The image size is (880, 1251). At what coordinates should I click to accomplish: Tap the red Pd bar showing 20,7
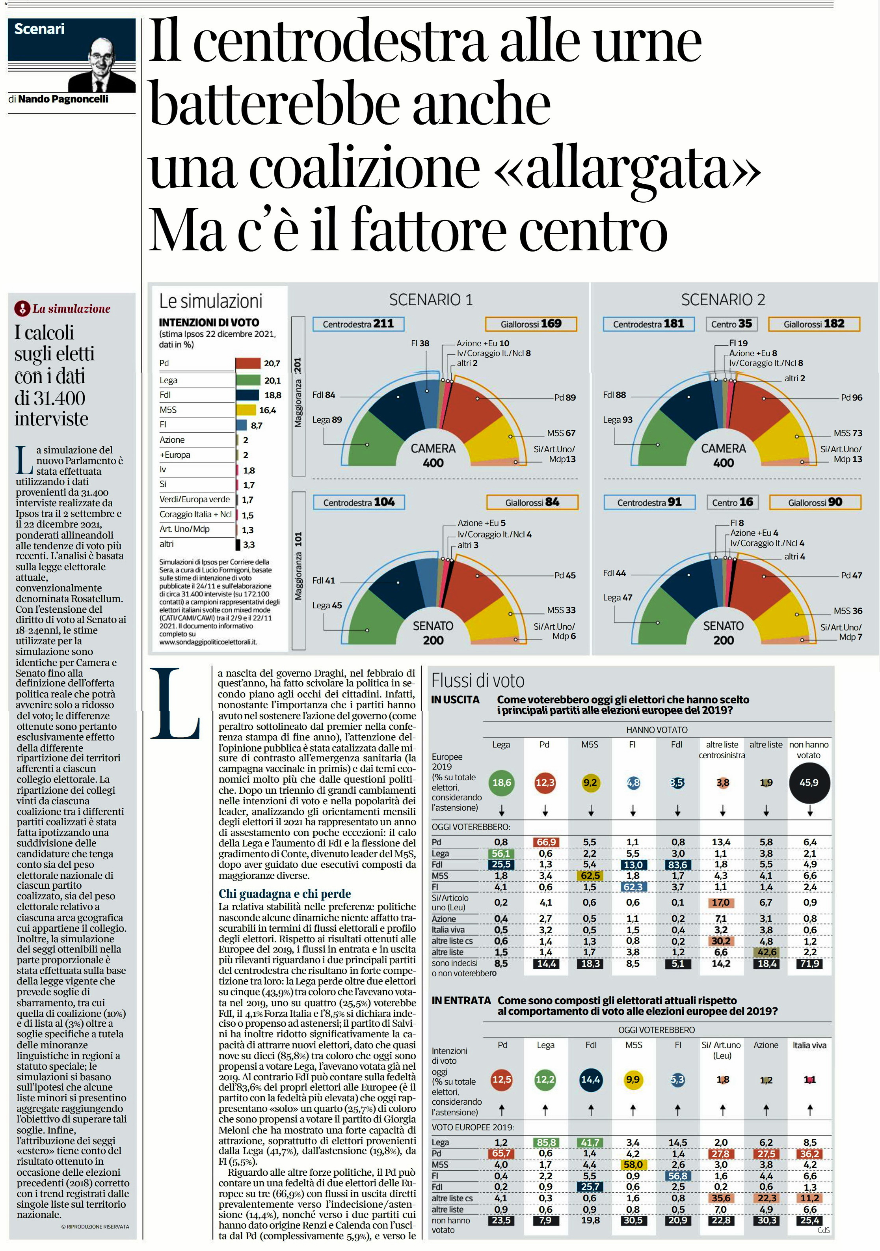click(x=248, y=364)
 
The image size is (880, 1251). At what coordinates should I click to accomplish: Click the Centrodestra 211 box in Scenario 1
click(x=358, y=324)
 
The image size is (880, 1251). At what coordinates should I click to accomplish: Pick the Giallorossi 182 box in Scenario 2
click(x=814, y=324)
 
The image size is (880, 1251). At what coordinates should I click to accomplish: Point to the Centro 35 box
click(x=731, y=324)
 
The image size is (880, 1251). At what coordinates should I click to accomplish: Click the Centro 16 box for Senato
click(x=733, y=502)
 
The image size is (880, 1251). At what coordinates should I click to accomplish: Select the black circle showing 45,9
click(x=809, y=783)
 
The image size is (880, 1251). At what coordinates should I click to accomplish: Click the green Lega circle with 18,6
click(x=502, y=783)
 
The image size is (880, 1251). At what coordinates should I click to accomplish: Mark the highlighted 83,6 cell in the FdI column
click(x=677, y=865)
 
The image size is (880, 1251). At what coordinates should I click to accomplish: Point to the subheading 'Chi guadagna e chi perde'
click(x=285, y=893)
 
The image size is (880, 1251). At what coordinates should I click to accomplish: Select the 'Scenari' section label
click(x=39, y=29)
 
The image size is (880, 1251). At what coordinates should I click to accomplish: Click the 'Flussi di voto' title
click(x=478, y=681)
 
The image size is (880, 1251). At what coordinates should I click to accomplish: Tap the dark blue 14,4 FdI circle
click(x=590, y=1079)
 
